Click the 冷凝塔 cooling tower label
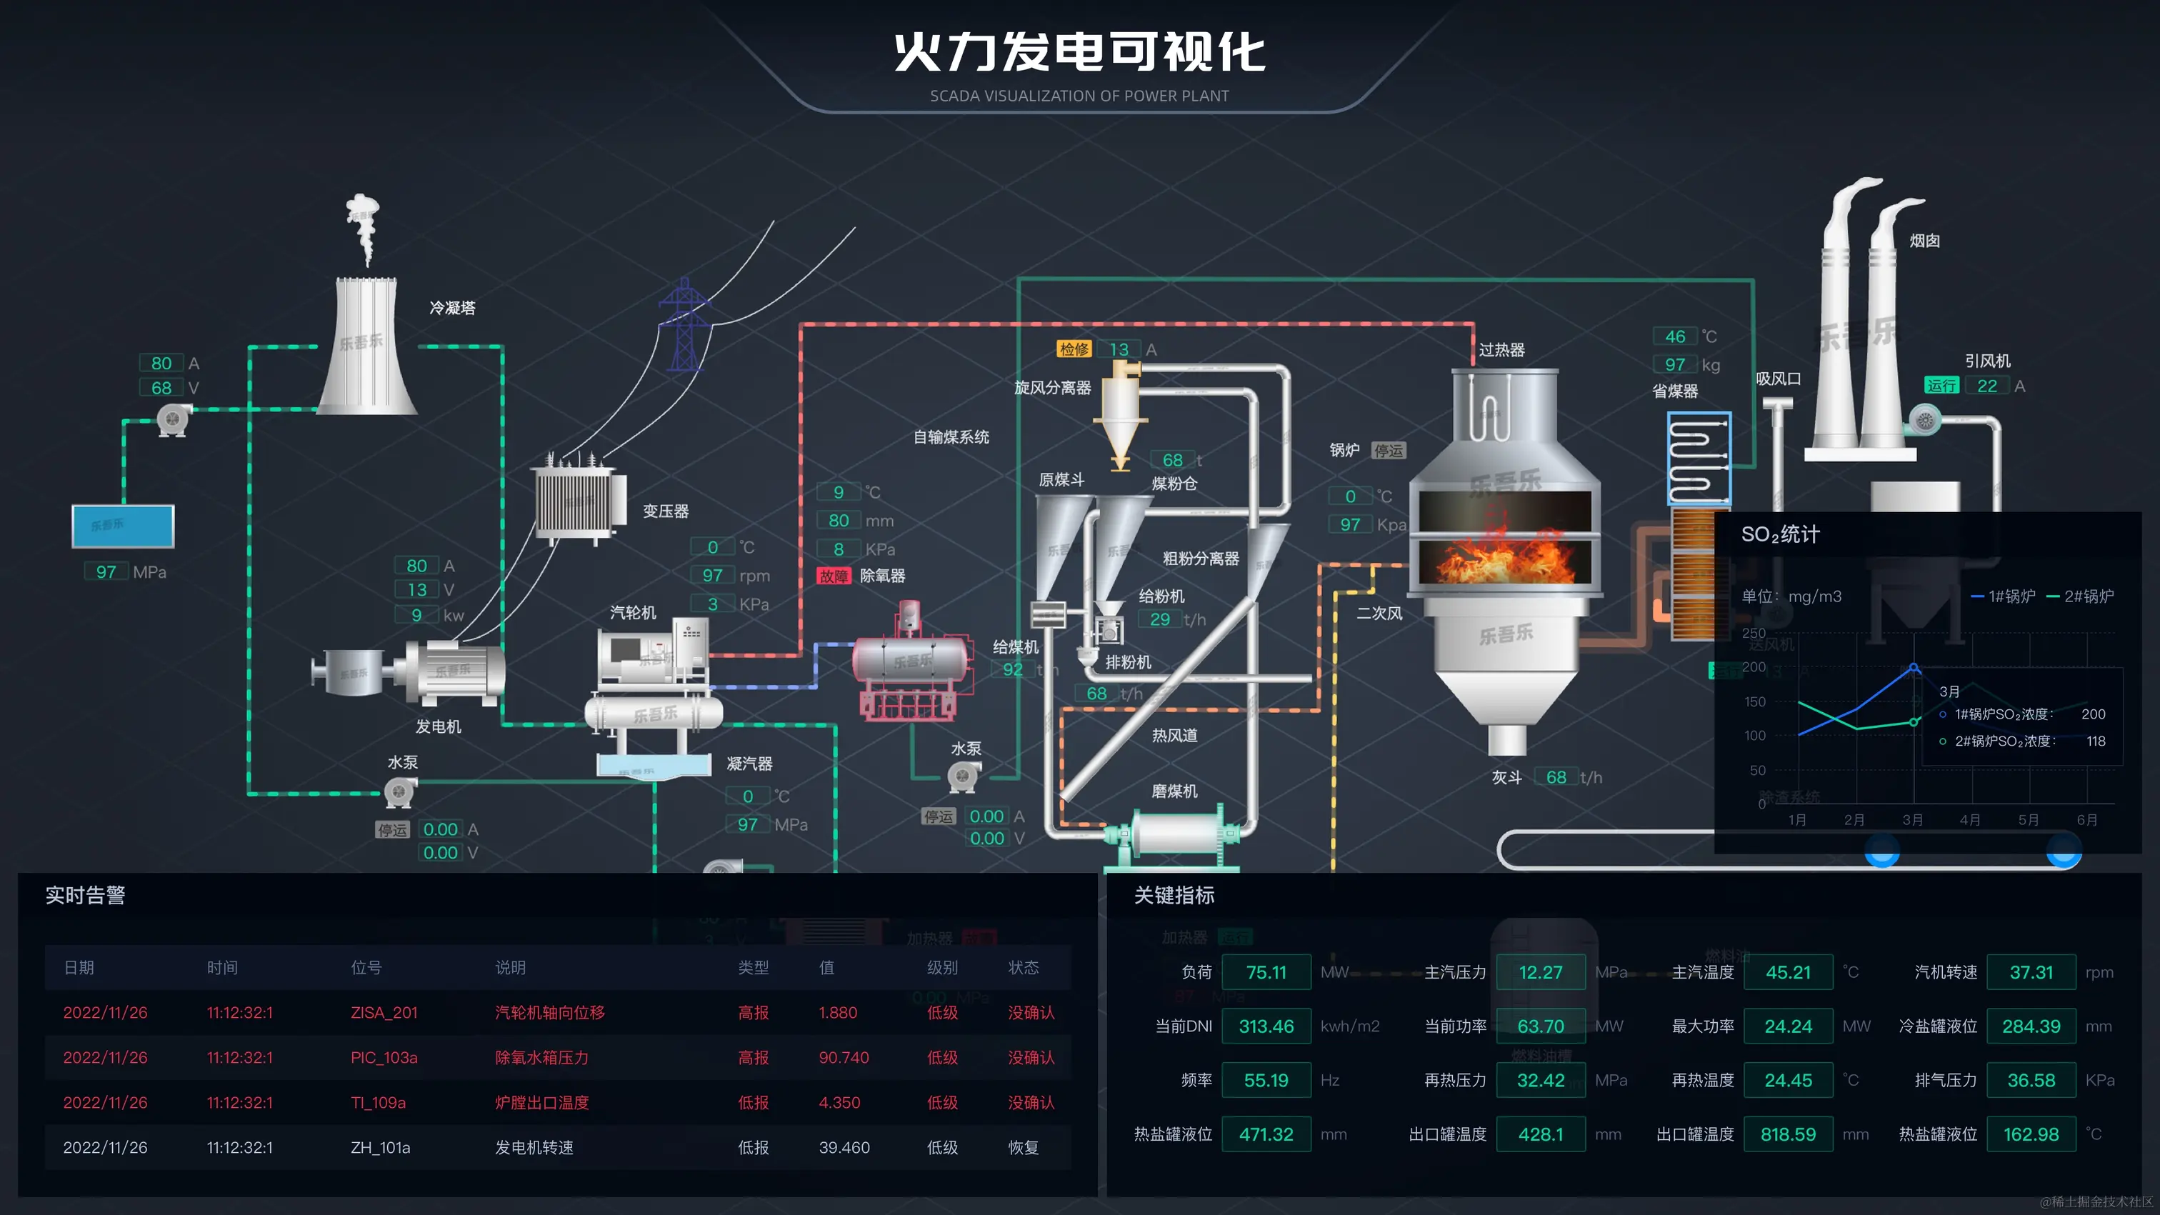(x=452, y=308)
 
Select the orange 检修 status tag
(x=1074, y=349)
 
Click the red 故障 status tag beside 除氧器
(x=834, y=576)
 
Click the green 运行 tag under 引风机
(x=1941, y=386)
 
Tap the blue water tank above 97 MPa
(x=124, y=526)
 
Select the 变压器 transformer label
(x=666, y=511)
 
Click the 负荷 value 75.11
(x=1265, y=973)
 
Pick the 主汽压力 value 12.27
(x=1540, y=973)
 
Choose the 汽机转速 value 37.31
(x=2031, y=973)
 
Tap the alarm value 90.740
(x=844, y=1058)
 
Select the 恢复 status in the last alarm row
(x=1023, y=1148)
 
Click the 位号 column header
(x=366, y=968)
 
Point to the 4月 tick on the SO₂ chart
(x=1970, y=820)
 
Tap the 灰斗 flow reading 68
(x=1556, y=777)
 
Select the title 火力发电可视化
(x=1079, y=53)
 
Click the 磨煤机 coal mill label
(x=1174, y=791)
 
